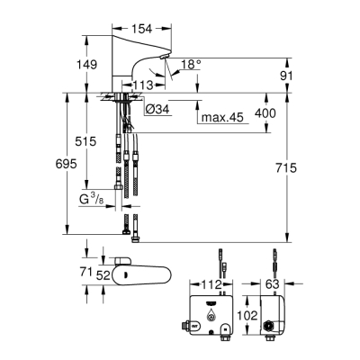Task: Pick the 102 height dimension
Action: [x=245, y=317]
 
